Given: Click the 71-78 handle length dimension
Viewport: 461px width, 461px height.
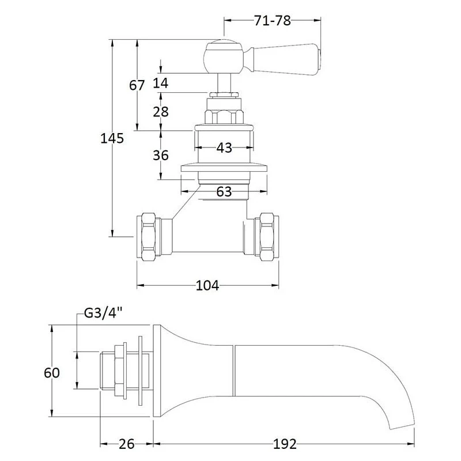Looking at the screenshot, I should coord(271,21).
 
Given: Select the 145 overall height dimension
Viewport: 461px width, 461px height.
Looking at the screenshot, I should coord(112,138).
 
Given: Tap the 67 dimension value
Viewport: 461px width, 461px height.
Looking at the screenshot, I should coord(137,85).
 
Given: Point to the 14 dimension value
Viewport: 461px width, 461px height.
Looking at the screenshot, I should coord(161,83).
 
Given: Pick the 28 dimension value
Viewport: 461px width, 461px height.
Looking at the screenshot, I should coord(161,111).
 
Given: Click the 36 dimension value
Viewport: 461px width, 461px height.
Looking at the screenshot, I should coord(161,155).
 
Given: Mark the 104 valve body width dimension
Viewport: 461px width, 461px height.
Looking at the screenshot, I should coord(207,285).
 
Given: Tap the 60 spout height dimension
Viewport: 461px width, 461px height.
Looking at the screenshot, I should coord(52,373).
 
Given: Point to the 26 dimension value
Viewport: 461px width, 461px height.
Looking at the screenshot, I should coord(127,444).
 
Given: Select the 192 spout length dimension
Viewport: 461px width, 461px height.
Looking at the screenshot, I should coord(284,444).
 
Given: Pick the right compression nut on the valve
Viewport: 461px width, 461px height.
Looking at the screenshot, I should coord(268,236).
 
